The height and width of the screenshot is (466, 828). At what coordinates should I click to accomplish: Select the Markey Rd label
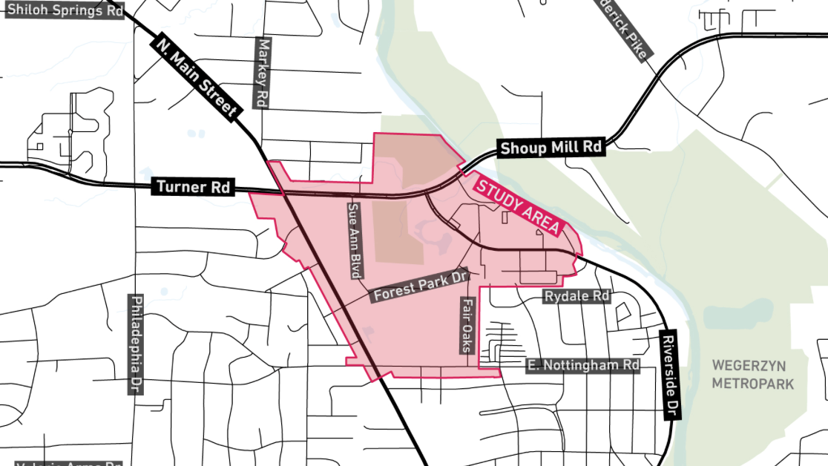click(x=261, y=73)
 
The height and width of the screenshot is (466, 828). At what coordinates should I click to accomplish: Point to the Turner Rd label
click(x=192, y=187)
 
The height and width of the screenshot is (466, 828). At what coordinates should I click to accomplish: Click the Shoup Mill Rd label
click(x=551, y=148)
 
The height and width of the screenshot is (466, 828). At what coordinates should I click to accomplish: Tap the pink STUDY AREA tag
click(x=516, y=206)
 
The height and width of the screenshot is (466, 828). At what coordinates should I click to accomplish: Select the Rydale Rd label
click(x=576, y=296)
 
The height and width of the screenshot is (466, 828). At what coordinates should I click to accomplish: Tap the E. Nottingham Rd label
click(x=582, y=365)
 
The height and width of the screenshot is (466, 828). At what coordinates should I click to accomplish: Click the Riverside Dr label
click(x=670, y=374)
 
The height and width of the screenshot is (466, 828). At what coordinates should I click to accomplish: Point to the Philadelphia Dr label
click(x=136, y=344)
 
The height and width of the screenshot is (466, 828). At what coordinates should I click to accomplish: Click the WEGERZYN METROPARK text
click(x=752, y=374)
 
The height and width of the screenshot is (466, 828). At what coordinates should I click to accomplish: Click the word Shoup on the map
click(x=521, y=148)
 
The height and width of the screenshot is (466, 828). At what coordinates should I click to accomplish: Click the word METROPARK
click(x=752, y=384)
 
